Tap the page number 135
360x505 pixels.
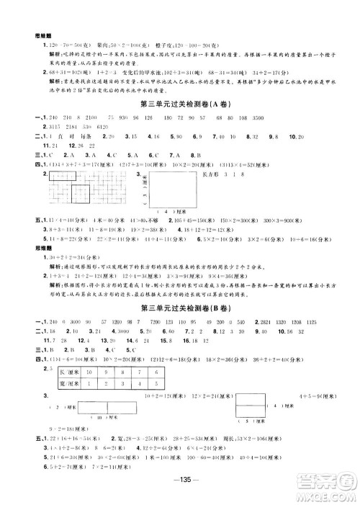180,481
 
